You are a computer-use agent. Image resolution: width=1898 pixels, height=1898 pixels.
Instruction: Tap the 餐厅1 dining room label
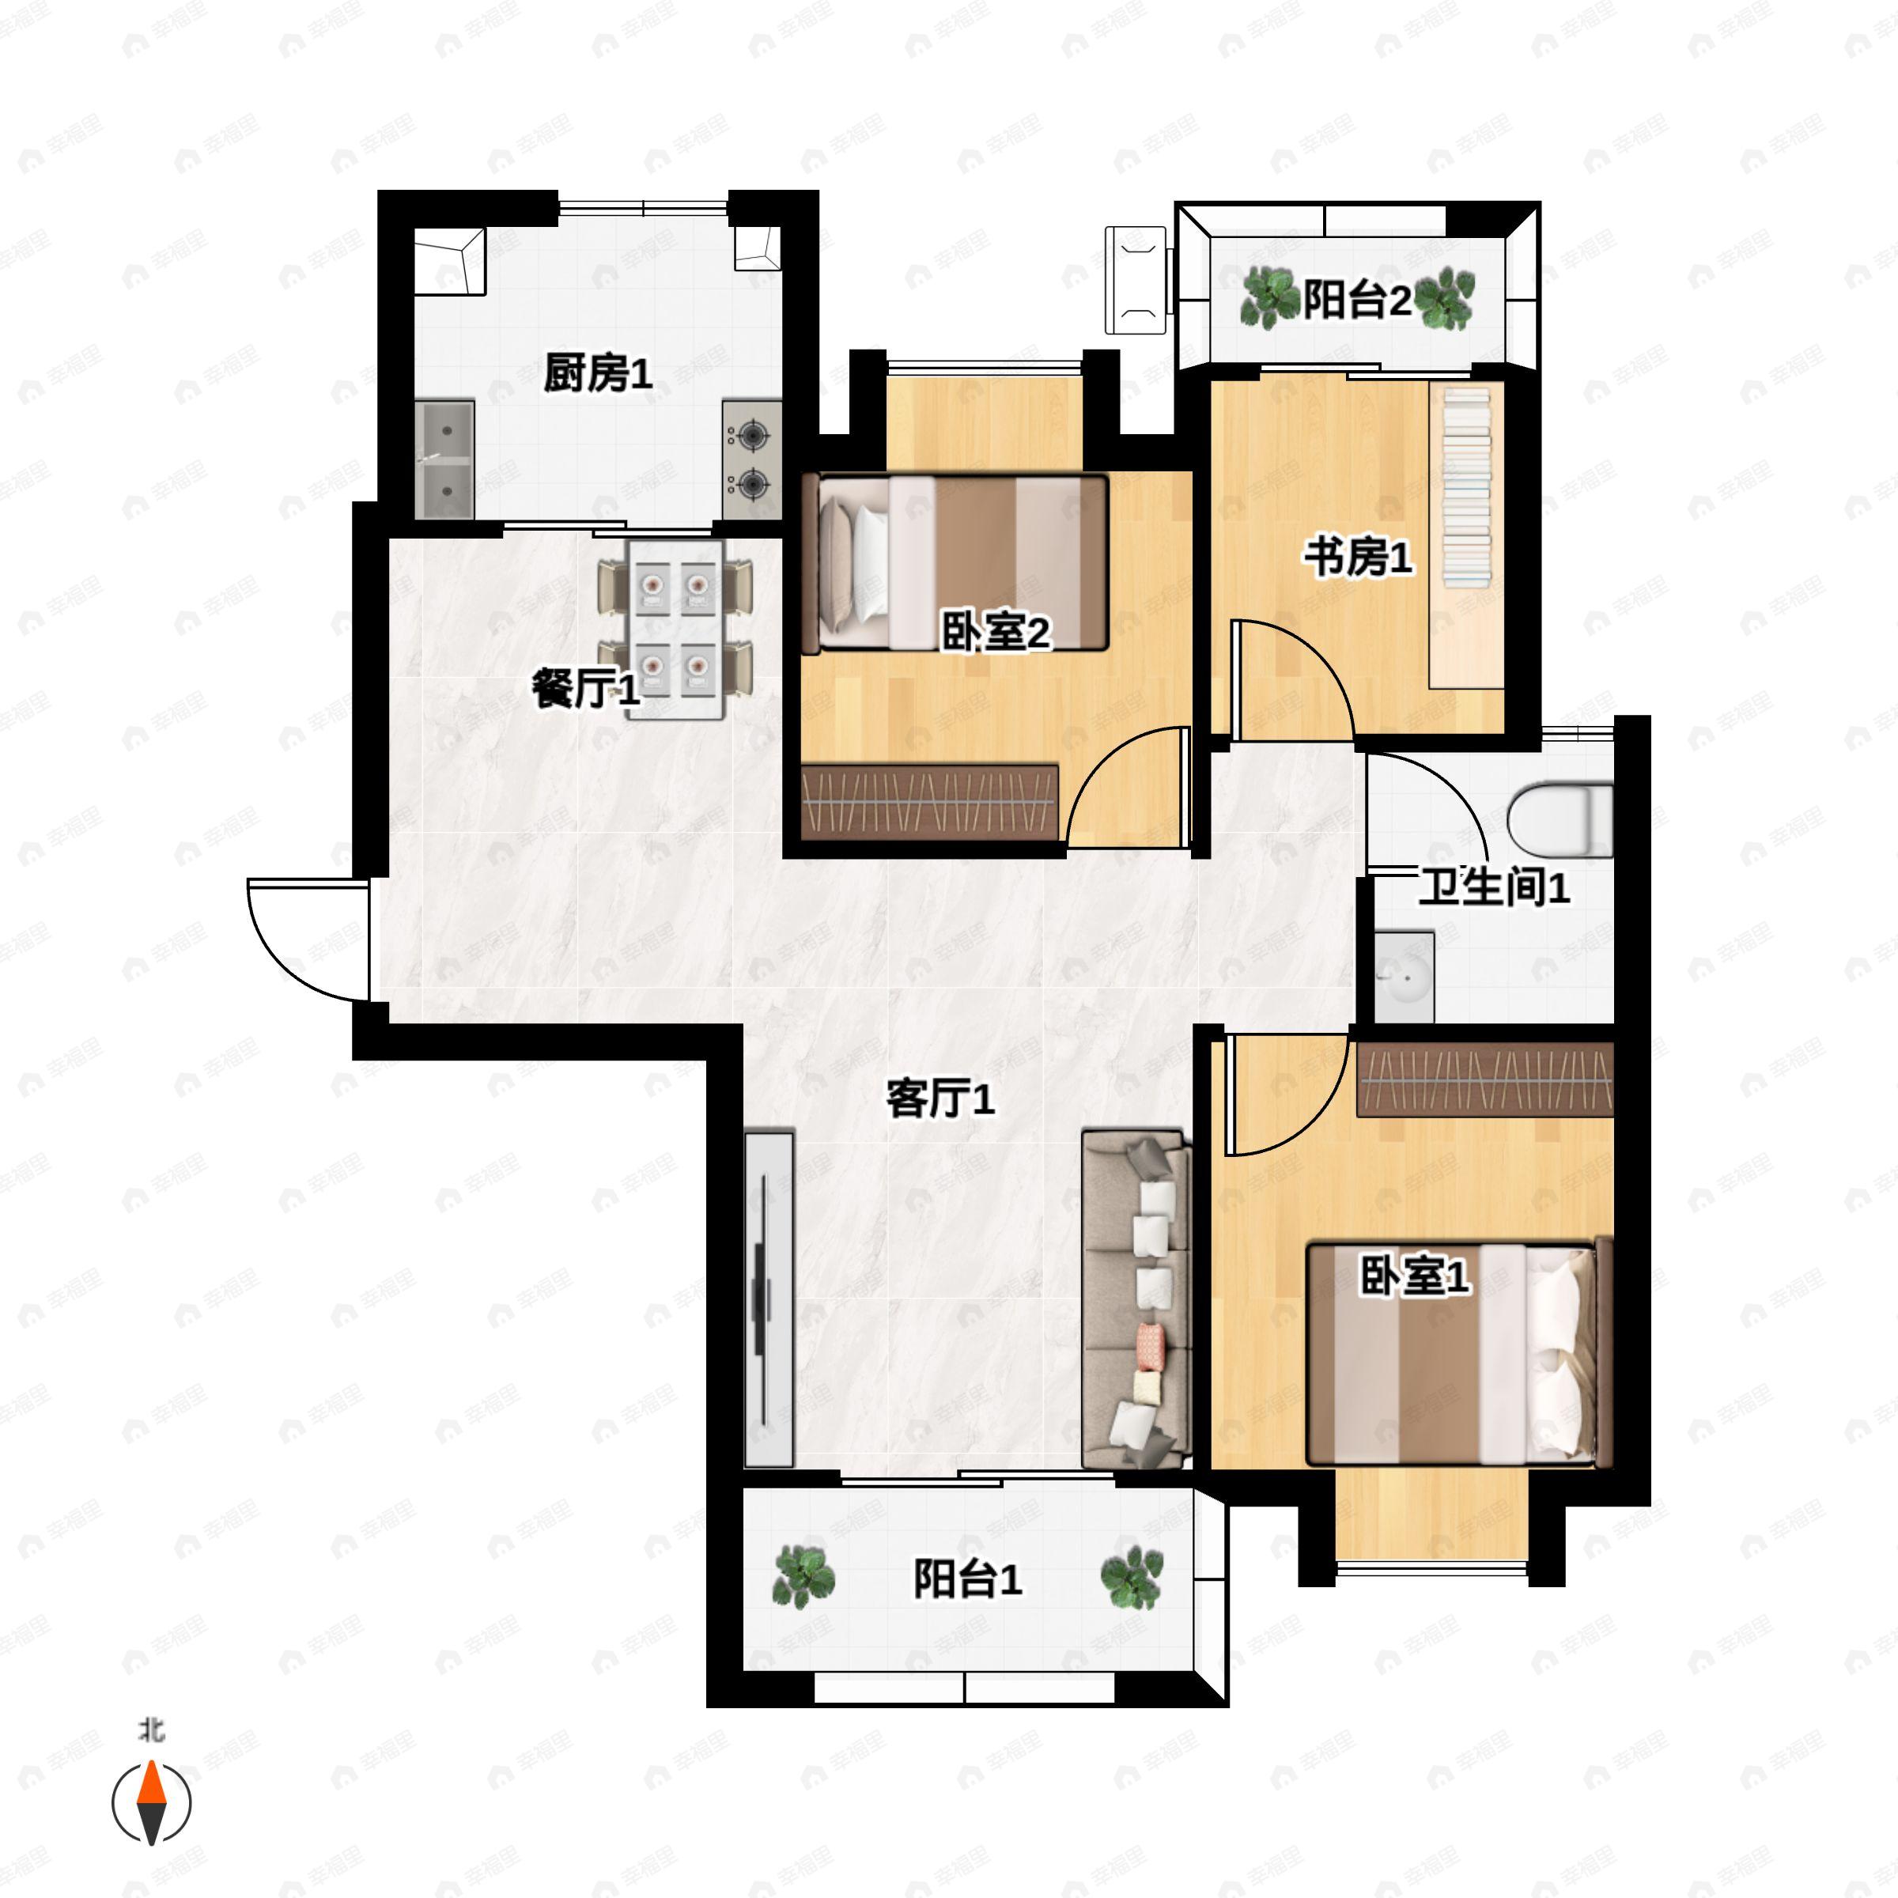click(585, 688)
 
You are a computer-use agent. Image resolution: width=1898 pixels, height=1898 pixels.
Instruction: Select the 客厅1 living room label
click(940, 1098)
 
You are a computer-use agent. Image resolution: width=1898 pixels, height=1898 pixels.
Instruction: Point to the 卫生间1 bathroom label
click(1493, 887)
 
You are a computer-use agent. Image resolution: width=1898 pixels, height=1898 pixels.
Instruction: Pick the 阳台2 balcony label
click(1357, 300)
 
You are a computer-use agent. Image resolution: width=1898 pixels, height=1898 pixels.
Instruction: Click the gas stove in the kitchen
click(751, 459)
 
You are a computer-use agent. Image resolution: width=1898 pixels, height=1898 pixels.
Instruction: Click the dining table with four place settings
click(676, 629)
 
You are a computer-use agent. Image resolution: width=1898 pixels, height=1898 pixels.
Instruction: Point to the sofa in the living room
click(1136, 1299)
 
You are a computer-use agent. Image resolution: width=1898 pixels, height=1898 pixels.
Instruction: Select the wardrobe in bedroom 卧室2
click(930, 800)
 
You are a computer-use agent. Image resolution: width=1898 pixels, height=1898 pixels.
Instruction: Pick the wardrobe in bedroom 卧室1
click(1484, 1079)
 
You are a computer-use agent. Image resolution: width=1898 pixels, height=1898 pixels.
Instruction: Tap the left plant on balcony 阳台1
click(803, 1577)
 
